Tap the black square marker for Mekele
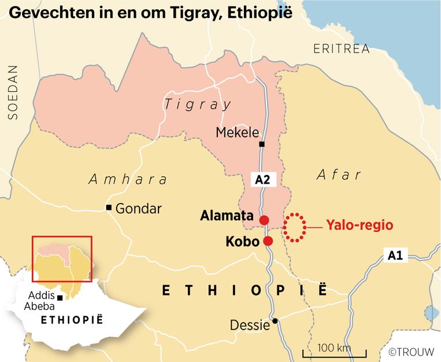pyautogui.click(x=262, y=144)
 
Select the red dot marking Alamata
pyautogui.click(x=264, y=220)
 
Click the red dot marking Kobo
pyautogui.click(x=268, y=241)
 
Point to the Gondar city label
pyautogui.click(x=139, y=208)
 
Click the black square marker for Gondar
pyautogui.click(x=108, y=207)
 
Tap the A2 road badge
pyautogui.click(x=263, y=180)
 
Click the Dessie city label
pyautogui.click(x=250, y=326)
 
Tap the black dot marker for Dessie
pyautogui.click(x=276, y=321)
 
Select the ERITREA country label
pyautogui.click(x=342, y=48)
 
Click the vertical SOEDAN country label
pyautogui.click(x=13, y=93)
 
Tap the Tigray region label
pyautogui.click(x=198, y=105)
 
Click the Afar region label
pyautogui.click(x=339, y=175)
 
